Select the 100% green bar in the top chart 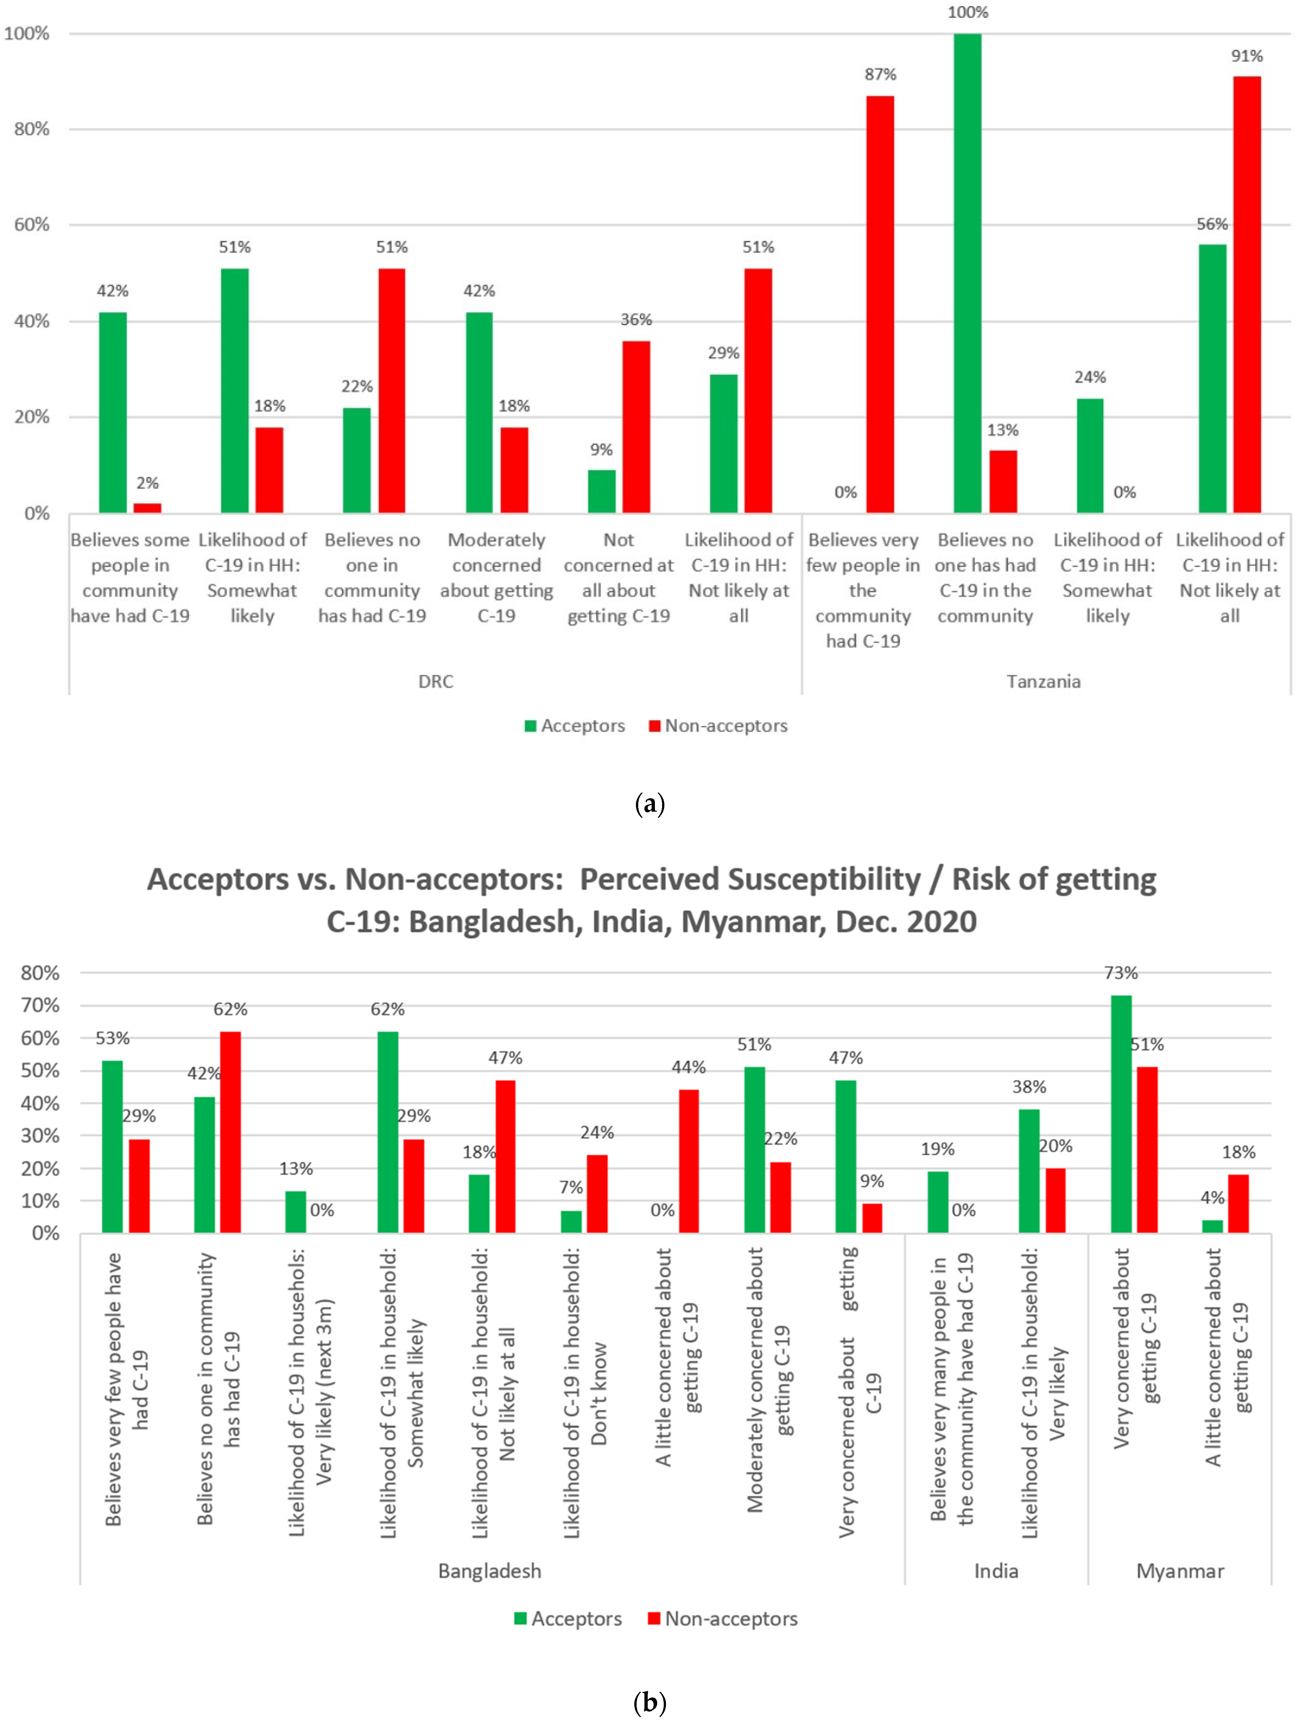968,272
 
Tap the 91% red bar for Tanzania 1247,294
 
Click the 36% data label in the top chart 636,320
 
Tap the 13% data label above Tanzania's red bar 1003,430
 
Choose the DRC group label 436,682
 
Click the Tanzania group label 1043,682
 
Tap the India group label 996,1571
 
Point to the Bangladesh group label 489,1571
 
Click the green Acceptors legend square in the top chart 530,726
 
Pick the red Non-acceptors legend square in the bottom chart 654,1618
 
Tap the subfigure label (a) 649,804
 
